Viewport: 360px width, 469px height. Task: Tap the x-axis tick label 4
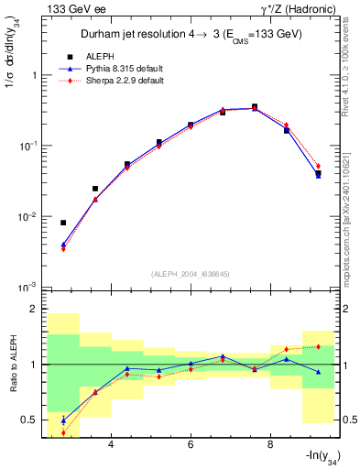pyautogui.click(x=111, y=445)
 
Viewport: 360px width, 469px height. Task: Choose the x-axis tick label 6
pyautogui.click(x=191, y=445)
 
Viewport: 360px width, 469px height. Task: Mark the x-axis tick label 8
pyautogui.click(x=270, y=445)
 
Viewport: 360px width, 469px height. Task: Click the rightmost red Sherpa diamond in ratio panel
pyautogui.click(x=318, y=346)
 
